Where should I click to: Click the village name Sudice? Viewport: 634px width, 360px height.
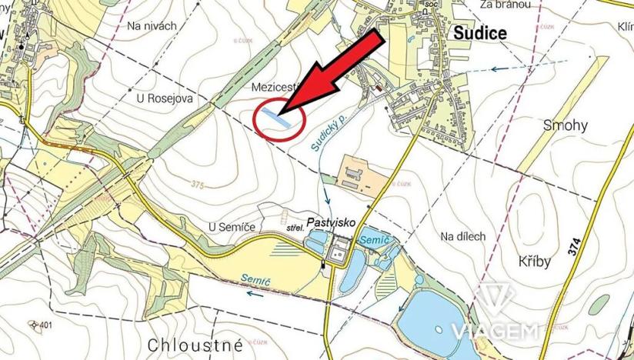[480, 33]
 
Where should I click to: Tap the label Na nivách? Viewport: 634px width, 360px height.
[152, 25]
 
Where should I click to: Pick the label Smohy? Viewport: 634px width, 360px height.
[564, 125]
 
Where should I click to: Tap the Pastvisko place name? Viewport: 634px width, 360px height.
[331, 222]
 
